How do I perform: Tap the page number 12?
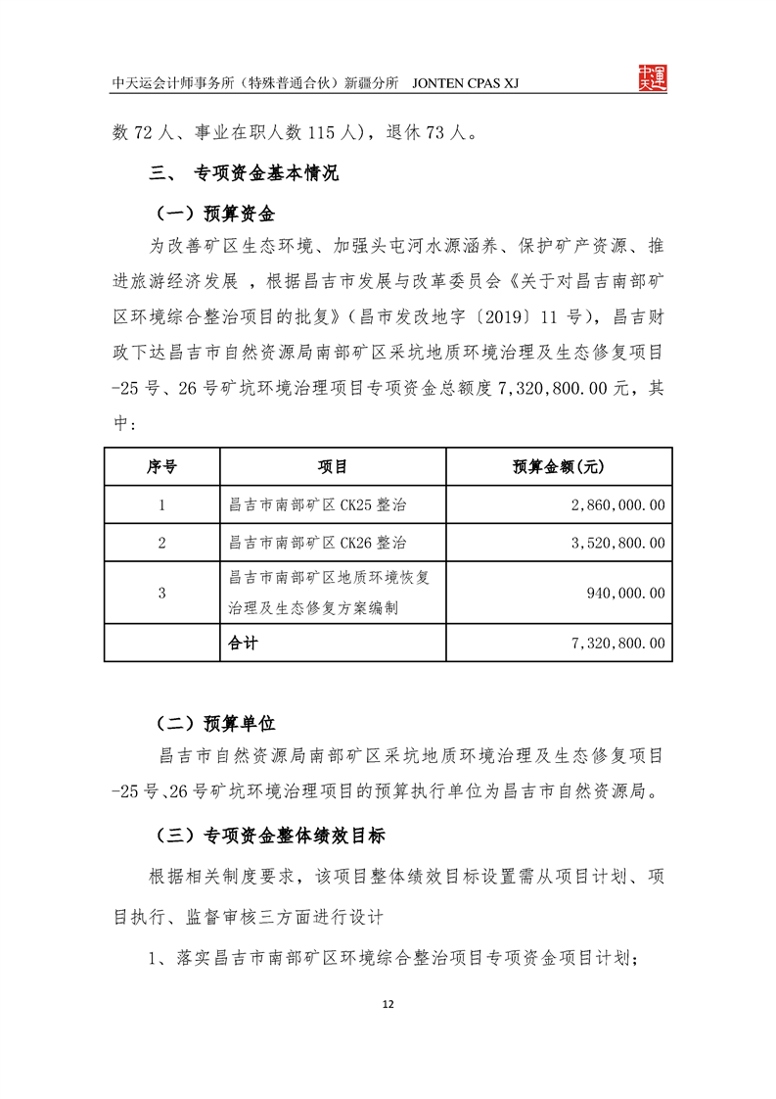tap(388, 1005)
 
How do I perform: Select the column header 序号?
tap(161, 467)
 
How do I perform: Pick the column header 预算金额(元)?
tap(558, 467)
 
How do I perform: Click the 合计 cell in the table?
tap(242, 644)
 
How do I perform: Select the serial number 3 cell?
tap(161, 593)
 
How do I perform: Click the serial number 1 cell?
tap(161, 505)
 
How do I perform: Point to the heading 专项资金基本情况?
tap(266, 175)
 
